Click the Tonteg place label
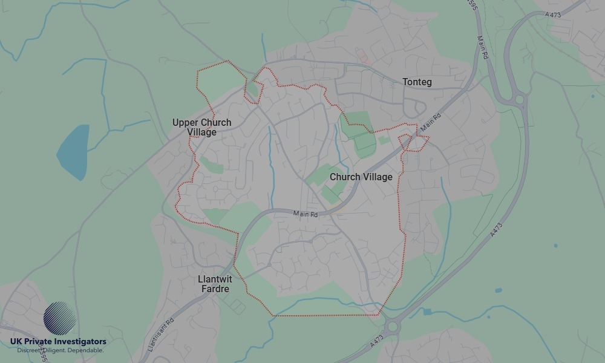(417, 82)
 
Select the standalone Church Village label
(361, 177)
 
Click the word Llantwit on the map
(215, 280)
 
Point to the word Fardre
(215, 289)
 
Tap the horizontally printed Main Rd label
(305, 214)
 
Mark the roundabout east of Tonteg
(518, 98)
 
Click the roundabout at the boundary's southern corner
(394, 327)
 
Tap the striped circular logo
(60, 318)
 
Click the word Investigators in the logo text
(80, 342)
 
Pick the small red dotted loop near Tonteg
(414, 143)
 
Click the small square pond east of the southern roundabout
(428, 312)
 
